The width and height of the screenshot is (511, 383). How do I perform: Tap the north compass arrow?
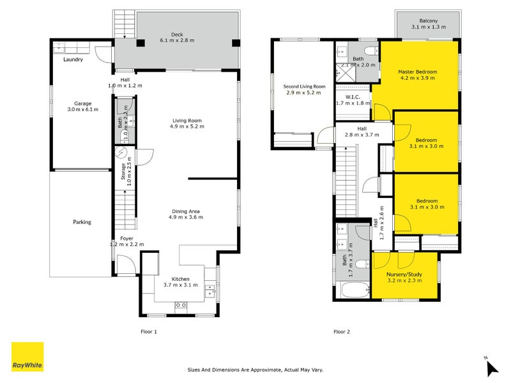click(491, 367)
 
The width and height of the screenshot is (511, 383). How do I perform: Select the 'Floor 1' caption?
click(148, 331)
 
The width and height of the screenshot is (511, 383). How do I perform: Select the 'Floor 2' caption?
click(342, 331)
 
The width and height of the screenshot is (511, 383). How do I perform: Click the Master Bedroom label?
click(416, 71)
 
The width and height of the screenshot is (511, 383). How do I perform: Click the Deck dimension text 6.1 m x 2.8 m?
click(177, 40)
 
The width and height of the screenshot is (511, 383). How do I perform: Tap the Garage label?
click(82, 103)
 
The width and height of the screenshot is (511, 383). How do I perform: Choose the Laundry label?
click(74, 61)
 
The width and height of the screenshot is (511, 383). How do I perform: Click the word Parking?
click(82, 222)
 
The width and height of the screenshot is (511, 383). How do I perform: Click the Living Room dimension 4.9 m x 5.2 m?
click(187, 126)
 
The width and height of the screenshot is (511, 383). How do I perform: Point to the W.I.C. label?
click(353, 97)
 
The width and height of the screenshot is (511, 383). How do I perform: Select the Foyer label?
click(127, 238)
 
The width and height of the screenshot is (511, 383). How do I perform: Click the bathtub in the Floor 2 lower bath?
click(352, 292)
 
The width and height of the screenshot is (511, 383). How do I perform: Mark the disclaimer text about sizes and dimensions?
click(256, 369)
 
